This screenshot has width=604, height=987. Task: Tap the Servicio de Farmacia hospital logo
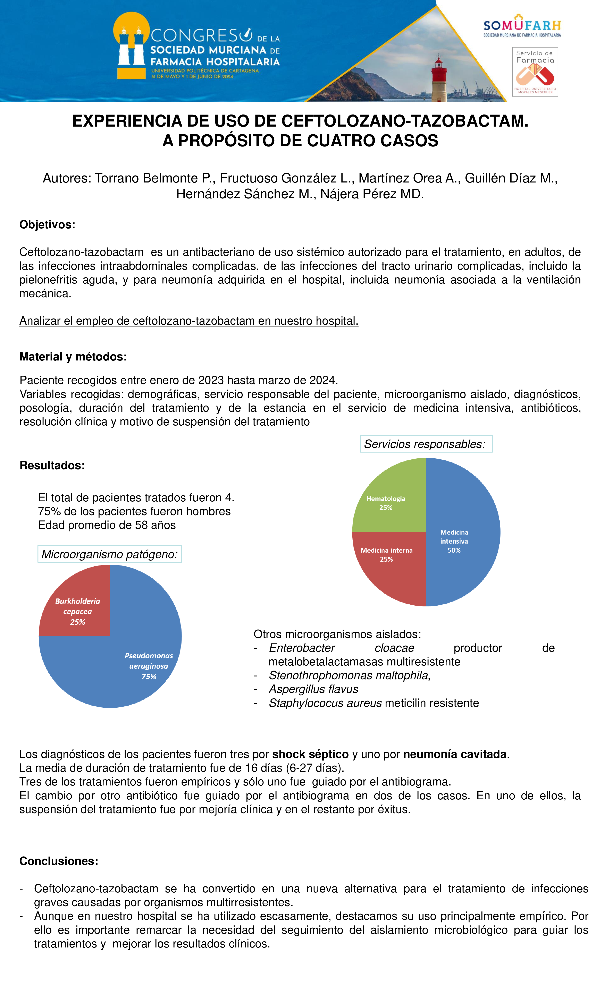(x=535, y=72)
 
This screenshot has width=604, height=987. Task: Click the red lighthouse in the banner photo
(x=439, y=78)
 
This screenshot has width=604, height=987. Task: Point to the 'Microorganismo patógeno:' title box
(x=109, y=554)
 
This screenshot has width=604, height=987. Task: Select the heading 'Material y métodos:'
(x=73, y=357)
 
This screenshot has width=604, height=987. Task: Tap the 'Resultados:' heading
(x=52, y=466)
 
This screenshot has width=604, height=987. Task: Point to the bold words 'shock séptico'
(x=310, y=754)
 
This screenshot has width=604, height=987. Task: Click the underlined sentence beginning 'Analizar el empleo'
(x=189, y=321)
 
